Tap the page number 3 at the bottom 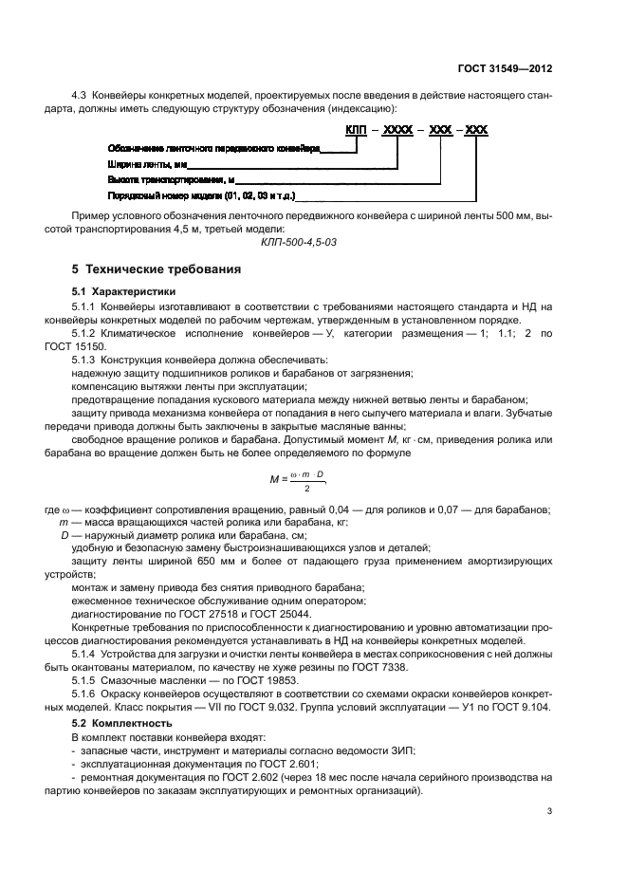[549, 810]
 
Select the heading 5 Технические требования [156, 269]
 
